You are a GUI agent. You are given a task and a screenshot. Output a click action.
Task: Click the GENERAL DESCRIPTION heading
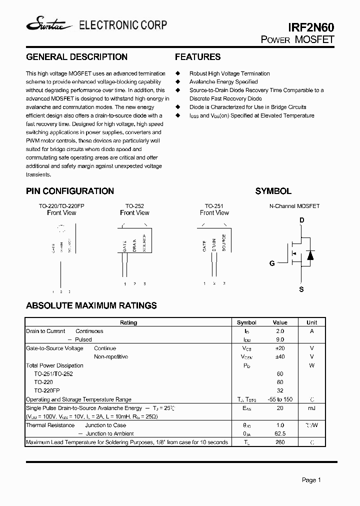click(76, 57)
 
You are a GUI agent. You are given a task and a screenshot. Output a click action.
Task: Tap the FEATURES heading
click(197, 57)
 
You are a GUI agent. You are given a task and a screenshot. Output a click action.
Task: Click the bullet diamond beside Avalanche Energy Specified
click(177, 82)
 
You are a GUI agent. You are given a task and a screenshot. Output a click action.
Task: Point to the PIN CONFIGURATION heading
click(69, 191)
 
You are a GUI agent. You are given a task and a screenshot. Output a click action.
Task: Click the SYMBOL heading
click(273, 191)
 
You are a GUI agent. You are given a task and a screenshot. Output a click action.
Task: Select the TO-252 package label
click(134, 205)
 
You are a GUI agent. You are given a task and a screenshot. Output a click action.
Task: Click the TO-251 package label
click(214, 205)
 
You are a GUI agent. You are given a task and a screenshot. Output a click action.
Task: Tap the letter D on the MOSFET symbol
click(301, 220)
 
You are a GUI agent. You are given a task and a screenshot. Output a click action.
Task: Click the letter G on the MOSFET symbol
click(272, 263)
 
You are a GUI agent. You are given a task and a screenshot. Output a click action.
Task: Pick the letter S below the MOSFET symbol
click(301, 289)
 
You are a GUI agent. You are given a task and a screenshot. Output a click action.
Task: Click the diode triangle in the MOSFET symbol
click(310, 255)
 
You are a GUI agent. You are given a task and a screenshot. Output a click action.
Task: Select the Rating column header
click(128, 322)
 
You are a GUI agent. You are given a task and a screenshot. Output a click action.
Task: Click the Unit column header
click(311, 322)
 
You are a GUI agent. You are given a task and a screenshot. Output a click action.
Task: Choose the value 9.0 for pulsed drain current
click(279, 339)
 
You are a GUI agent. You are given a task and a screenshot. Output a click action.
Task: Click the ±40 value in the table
click(279, 356)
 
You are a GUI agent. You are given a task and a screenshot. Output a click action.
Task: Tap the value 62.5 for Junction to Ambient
click(279, 433)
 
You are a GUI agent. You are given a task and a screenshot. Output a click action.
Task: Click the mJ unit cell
click(311, 408)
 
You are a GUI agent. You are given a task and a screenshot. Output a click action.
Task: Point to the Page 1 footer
click(311, 480)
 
